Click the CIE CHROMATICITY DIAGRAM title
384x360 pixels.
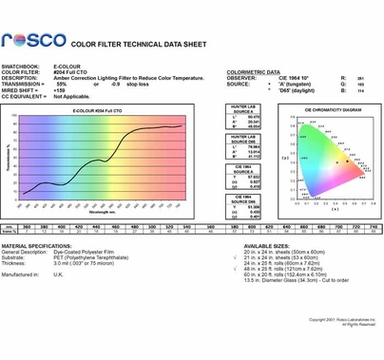[326, 109]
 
